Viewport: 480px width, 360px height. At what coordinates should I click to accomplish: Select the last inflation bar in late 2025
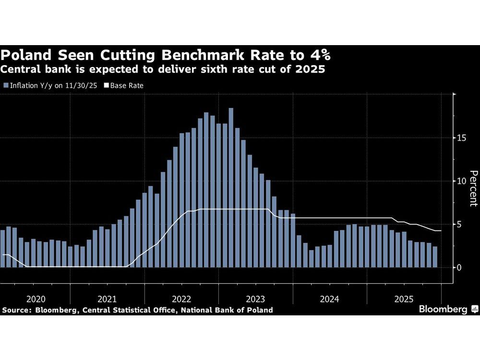tap(435, 257)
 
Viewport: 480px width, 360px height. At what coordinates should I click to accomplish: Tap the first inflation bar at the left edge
tap(2, 249)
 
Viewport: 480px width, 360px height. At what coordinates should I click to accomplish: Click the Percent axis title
tap(473, 188)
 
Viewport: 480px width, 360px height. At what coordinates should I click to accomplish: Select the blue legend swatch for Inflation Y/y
tap(6, 85)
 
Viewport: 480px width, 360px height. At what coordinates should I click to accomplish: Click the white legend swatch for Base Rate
tap(106, 85)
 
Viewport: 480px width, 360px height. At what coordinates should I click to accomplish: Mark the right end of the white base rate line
tap(441, 231)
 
